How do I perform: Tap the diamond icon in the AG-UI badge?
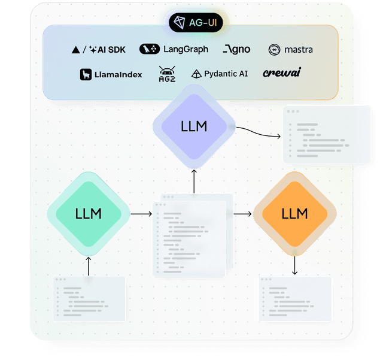click(x=179, y=22)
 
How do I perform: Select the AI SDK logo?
click(x=98, y=50)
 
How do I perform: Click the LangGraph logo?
click(x=174, y=49)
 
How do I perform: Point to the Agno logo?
click(x=236, y=49)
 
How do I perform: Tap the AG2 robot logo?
click(x=167, y=74)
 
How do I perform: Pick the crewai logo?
click(x=282, y=73)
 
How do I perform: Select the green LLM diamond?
click(x=88, y=213)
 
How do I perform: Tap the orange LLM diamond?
click(x=294, y=213)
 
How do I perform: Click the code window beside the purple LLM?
click(x=326, y=135)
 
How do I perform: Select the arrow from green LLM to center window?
click(x=141, y=213)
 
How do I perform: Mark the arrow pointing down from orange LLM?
click(x=294, y=265)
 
